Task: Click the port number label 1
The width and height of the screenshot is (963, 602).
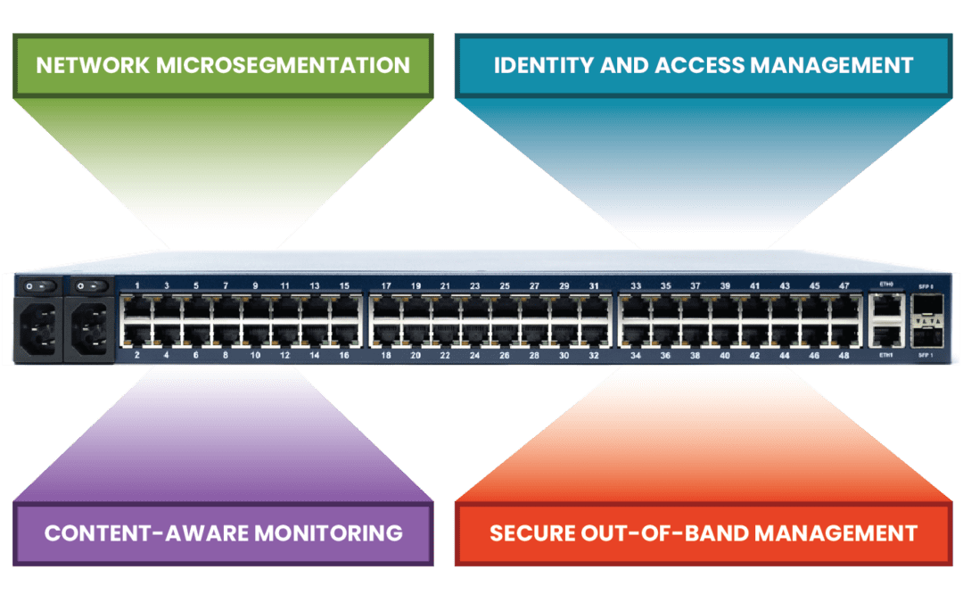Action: (x=136, y=286)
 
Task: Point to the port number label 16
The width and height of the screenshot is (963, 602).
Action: (x=344, y=355)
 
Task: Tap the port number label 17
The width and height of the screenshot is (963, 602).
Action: (x=386, y=286)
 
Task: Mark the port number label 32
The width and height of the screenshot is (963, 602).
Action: (x=594, y=355)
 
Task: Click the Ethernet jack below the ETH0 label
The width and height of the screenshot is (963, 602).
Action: (x=885, y=306)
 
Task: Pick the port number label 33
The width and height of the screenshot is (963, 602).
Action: (x=636, y=286)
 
